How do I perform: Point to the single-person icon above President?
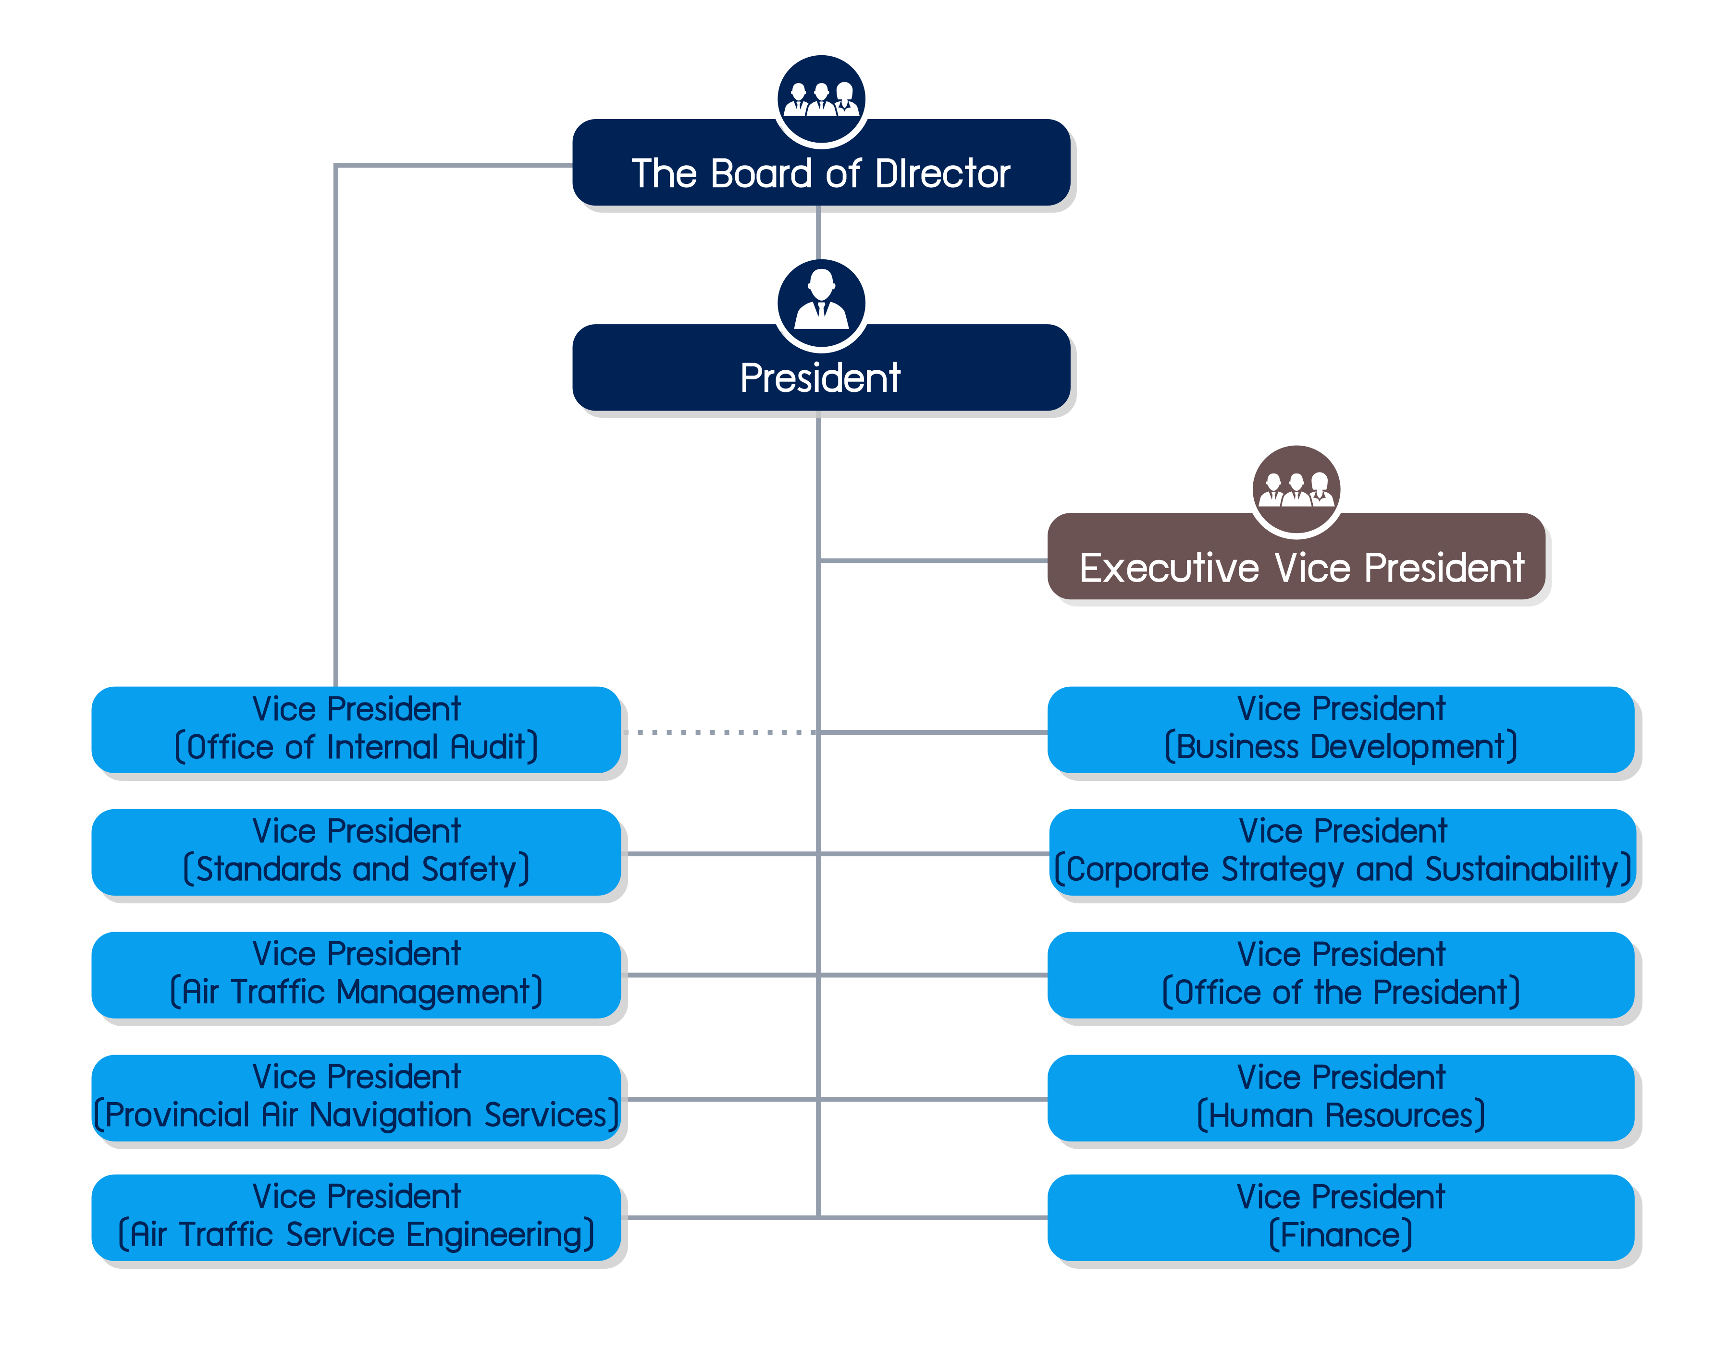point(821,303)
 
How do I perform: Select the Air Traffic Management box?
point(356,974)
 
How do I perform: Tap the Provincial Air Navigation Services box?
point(356,1097)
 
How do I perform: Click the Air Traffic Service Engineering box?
point(356,1217)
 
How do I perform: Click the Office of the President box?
point(1341,974)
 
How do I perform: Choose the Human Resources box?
point(1341,1097)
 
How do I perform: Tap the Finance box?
point(1341,1217)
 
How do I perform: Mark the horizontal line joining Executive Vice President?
point(932,560)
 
